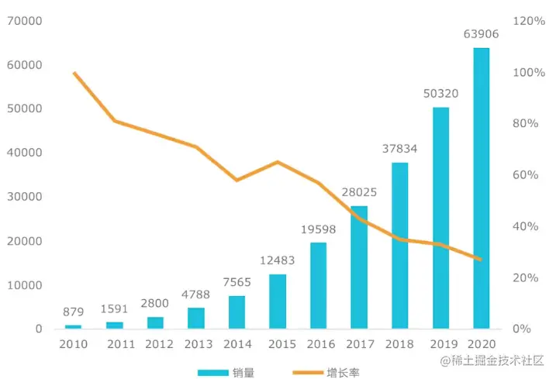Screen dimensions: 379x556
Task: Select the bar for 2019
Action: coord(440,218)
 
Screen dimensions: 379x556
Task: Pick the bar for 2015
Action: coord(278,301)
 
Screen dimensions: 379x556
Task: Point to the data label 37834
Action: coord(400,148)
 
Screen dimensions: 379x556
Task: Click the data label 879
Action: coord(74,312)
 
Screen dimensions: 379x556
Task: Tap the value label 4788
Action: coord(196,295)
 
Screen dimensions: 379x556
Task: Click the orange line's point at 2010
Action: coord(74,73)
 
